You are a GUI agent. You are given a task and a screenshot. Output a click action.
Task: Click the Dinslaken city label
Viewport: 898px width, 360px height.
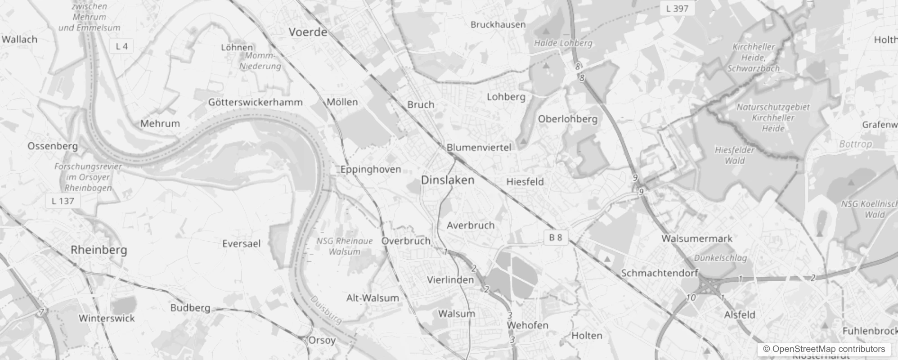[448, 180]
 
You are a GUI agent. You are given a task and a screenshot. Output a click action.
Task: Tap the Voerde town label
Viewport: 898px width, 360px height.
[308, 32]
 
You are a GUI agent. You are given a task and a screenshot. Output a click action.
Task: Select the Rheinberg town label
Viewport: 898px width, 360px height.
[99, 250]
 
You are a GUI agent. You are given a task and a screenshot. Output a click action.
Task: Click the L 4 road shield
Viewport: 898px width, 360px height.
[121, 46]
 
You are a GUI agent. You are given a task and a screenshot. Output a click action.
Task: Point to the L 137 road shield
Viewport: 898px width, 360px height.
[63, 201]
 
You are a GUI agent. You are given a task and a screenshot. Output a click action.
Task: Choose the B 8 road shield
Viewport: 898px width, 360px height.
[556, 237]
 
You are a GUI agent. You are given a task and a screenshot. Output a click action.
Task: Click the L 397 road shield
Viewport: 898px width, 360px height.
[677, 8]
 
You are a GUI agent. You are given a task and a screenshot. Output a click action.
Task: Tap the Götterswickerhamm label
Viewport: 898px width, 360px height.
[255, 102]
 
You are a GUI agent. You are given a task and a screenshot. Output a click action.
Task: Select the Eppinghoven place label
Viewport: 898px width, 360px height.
[370, 169]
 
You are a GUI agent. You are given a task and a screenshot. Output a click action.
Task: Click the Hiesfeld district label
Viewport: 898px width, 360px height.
[525, 182]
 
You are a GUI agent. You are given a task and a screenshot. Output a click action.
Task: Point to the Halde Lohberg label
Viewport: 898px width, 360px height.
[563, 43]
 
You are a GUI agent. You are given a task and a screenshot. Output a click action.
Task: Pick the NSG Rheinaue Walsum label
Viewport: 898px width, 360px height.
[345, 246]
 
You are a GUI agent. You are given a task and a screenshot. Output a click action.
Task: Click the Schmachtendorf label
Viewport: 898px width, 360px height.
[660, 273]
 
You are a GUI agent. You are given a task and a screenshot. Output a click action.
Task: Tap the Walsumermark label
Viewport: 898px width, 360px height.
[697, 238]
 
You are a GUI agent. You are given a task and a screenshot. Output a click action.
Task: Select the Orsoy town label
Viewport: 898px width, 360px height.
[322, 340]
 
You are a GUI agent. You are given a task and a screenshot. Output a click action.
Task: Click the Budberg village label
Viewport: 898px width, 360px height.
[190, 308]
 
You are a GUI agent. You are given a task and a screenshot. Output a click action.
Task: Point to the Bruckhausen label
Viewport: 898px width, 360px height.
[498, 25]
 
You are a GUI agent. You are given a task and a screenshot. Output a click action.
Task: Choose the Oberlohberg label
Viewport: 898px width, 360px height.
[568, 119]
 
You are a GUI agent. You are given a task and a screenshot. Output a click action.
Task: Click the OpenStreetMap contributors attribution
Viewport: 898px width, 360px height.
[823, 349]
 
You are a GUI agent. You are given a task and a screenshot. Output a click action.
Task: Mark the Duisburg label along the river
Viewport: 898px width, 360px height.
[326, 310]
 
